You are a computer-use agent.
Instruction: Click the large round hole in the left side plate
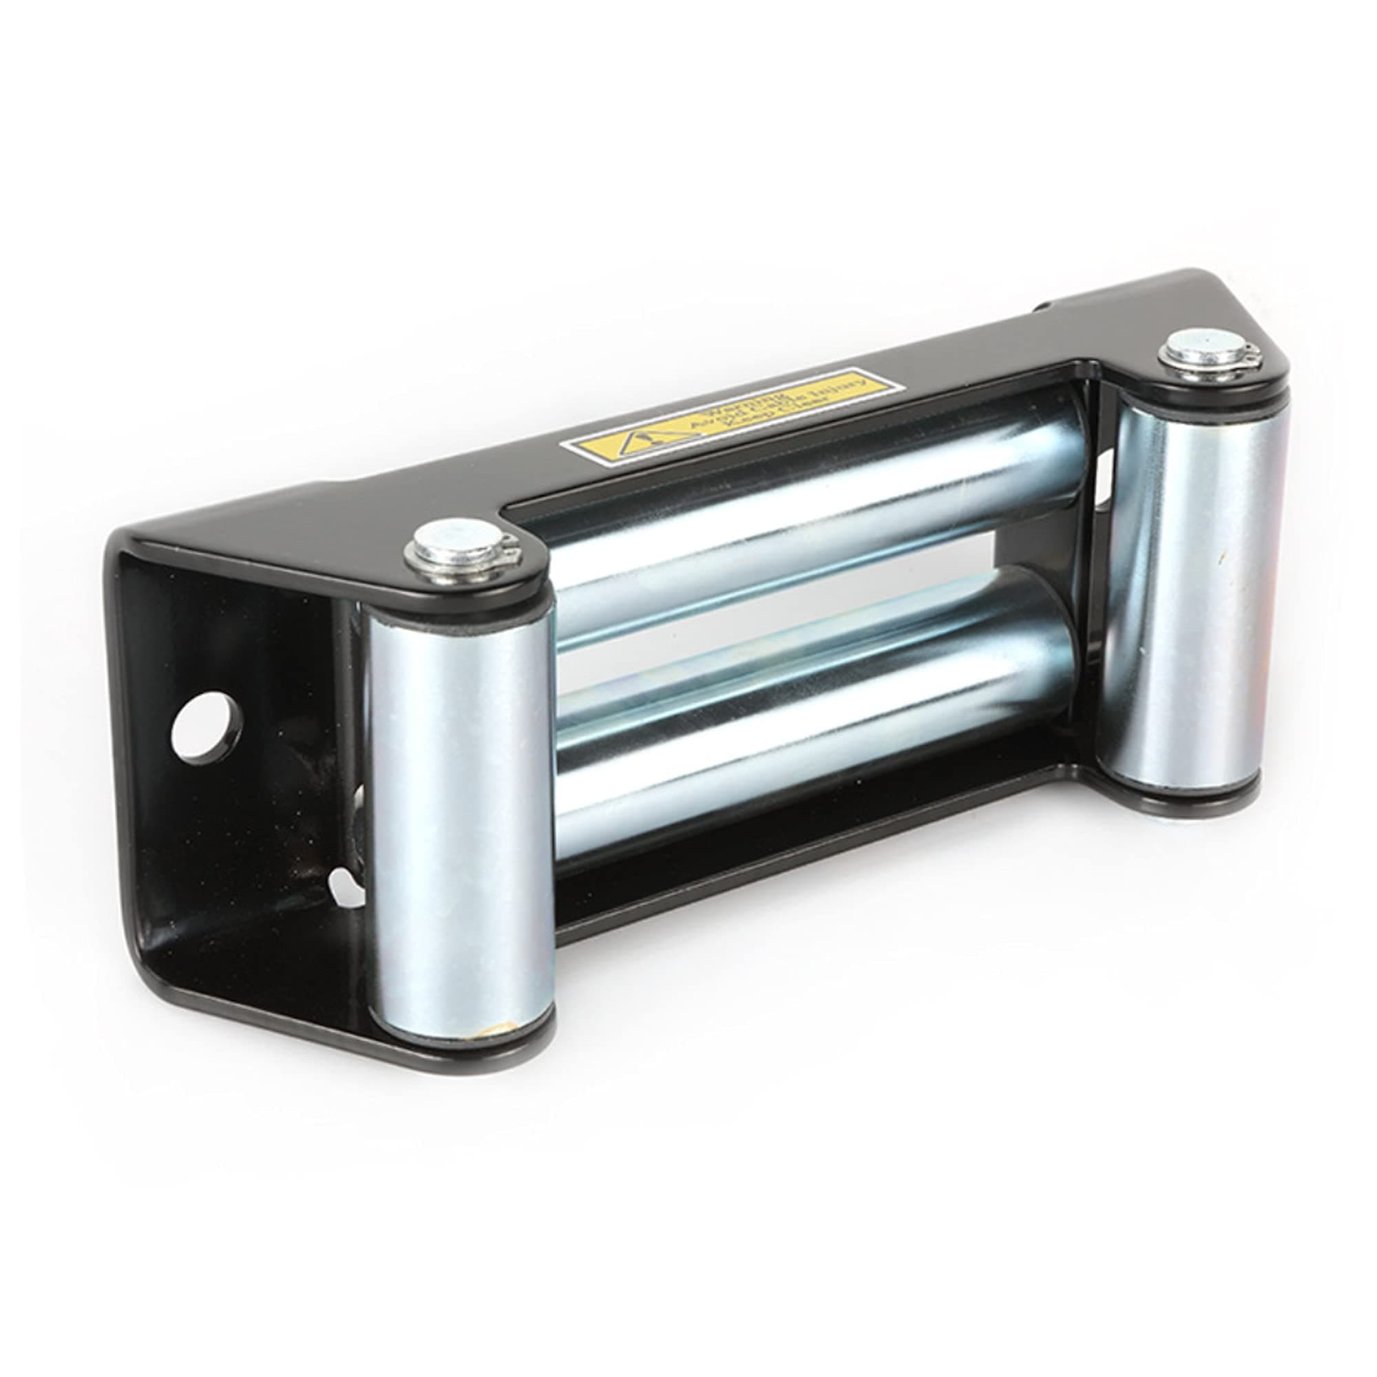coord(207,727)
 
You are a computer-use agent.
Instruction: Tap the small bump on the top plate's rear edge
coord(1042,308)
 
